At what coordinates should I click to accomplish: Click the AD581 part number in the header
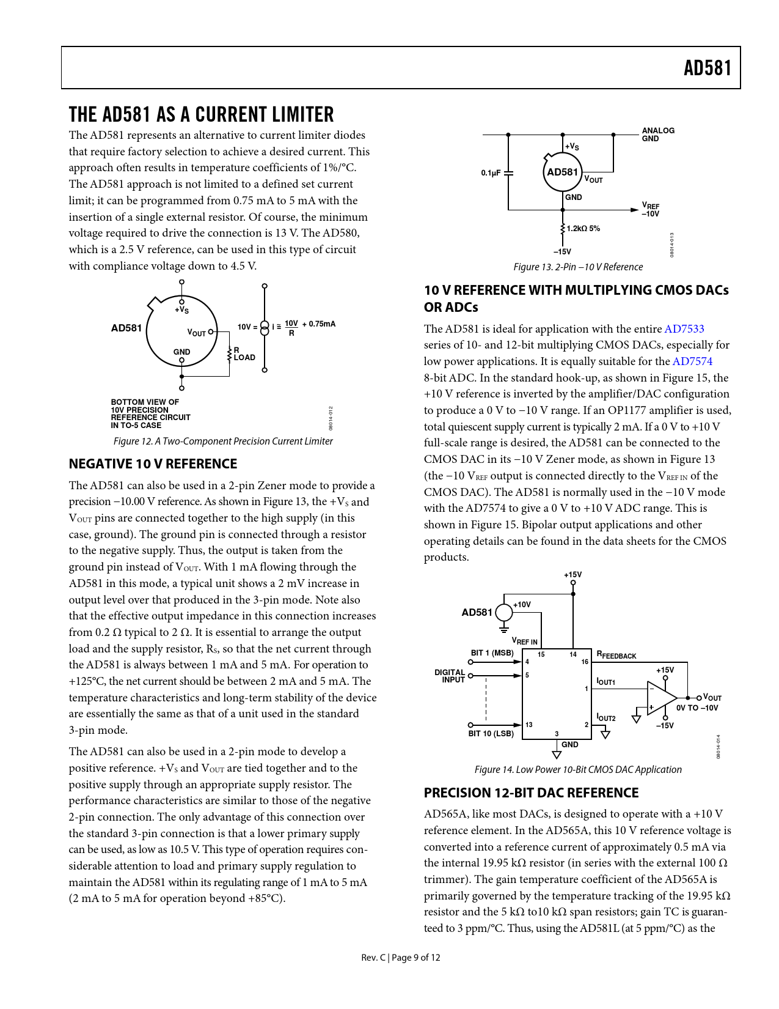pyautogui.click(x=707, y=68)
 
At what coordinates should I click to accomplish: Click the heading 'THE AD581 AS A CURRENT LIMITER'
pyautogui.click(x=202, y=115)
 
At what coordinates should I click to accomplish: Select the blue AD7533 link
pyautogui.click(x=684, y=329)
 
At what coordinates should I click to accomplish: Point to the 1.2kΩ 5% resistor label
pyautogui.click(x=583, y=229)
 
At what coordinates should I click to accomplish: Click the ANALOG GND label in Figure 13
pyautogui.click(x=657, y=135)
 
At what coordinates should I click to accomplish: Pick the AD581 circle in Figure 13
pyautogui.click(x=562, y=172)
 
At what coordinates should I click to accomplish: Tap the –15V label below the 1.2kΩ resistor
pyautogui.click(x=562, y=252)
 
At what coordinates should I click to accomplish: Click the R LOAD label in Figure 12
pyautogui.click(x=244, y=354)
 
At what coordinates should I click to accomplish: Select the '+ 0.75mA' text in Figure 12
pyautogui.click(x=319, y=324)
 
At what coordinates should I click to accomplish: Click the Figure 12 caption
pyautogui.click(x=223, y=442)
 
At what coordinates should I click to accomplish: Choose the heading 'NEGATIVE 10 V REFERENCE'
pyautogui.click(x=153, y=464)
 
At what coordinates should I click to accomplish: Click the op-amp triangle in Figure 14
pyautogui.click(x=661, y=698)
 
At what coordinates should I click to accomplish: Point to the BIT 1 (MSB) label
pyautogui.click(x=492, y=653)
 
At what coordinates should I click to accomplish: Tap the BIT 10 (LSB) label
pyautogui.click(x=491, y=734)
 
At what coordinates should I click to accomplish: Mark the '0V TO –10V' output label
pyautogui.click(x=697, y=708)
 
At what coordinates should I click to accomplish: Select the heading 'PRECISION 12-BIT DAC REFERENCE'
pyautogui.click(x=531, y=793)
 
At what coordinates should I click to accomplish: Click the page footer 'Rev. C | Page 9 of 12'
pyautogui.click(x=400, y=958)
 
